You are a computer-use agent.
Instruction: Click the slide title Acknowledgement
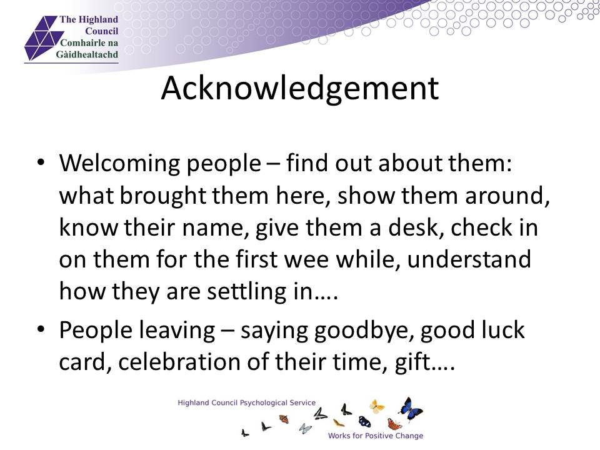click(x=299, y=89)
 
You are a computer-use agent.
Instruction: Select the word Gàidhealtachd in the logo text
click(x=87, y=54)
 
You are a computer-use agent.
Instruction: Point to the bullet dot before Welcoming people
click(x=41, y=162)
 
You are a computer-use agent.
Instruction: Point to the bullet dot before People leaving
click(x=41, y=329)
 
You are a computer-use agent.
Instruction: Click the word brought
click(x=164, y=196)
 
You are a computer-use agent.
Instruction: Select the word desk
click(x=416, y=227)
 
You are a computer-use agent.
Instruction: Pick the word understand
click(x=469, y=259)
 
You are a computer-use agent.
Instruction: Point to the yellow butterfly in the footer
click(x=377, y=406)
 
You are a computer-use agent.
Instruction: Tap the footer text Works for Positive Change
click(x=376, y=436)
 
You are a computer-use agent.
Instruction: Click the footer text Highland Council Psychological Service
click(x=247, y=403)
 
